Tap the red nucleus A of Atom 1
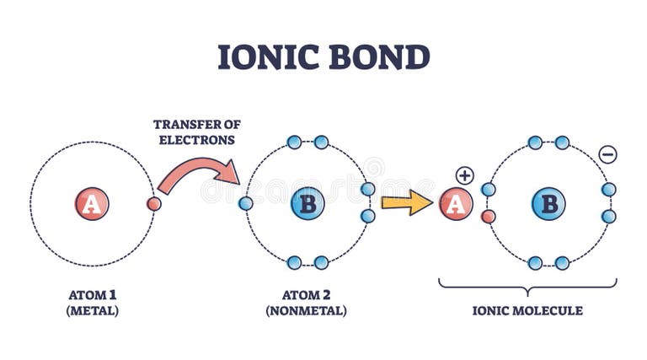coord(92,204)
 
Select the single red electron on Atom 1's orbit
coord(154,204)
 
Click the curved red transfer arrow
coord(197,172)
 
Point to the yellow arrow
coord(406,203)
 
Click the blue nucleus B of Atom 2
coord(307,204)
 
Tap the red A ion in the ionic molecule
coord(456,204)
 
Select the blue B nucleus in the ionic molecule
coord(548,204)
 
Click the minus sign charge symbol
coord(607,154)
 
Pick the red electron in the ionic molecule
coord(489,217)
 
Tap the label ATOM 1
coord(93,294)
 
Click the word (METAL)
coord(93,310)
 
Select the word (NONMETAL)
coord(307,310)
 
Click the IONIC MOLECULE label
coord(527,310)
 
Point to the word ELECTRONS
coord(195,140)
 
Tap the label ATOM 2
coord(307,294)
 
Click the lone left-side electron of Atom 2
coord(246,203)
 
